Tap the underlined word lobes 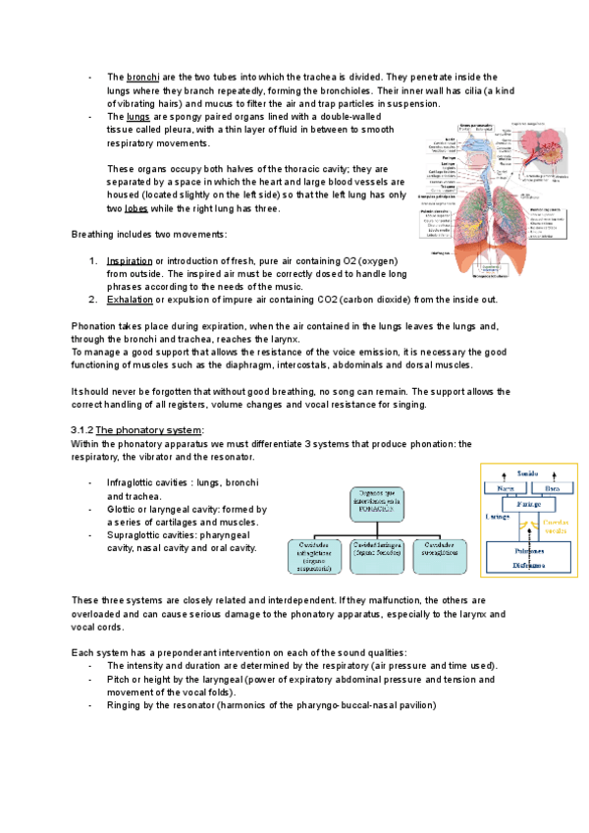click(x=137, y=209)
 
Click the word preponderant click(x=169, y=653)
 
